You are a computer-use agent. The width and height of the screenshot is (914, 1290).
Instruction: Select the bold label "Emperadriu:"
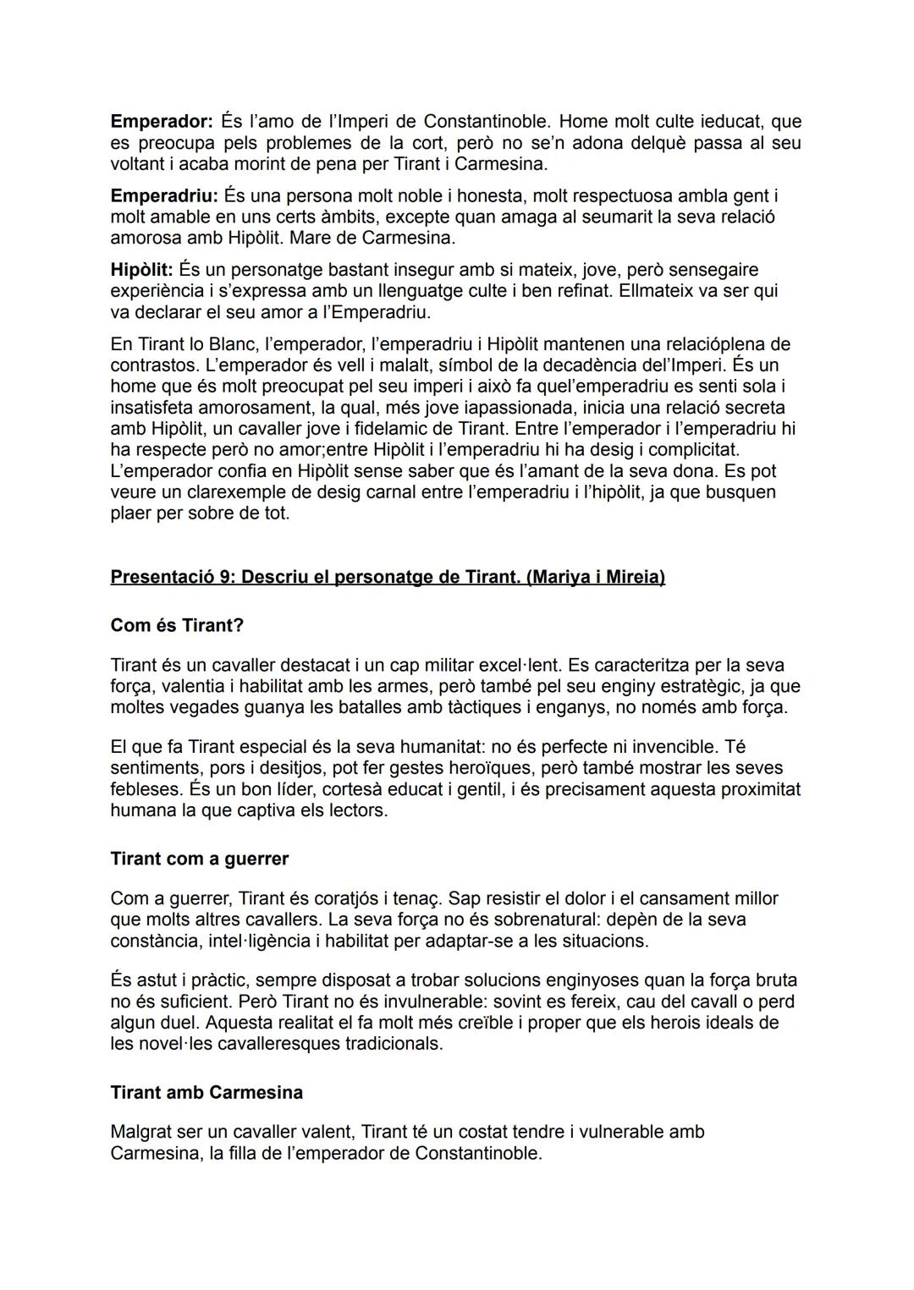point(164,196)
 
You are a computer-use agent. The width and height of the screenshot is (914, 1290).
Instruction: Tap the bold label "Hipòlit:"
point(141,270)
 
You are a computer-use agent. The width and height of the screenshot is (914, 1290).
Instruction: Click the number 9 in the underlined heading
point(223,577)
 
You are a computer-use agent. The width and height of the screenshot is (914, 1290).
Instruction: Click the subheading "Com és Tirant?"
point(177,625)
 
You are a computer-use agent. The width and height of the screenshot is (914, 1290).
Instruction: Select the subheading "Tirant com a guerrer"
point(199,859)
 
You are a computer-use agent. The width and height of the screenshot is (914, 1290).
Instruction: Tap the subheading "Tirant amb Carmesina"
point(206,1092)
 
